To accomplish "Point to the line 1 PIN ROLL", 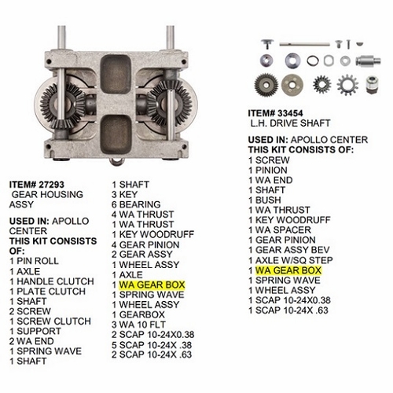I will click(32, 259).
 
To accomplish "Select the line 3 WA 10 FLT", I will click(141, 324).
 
